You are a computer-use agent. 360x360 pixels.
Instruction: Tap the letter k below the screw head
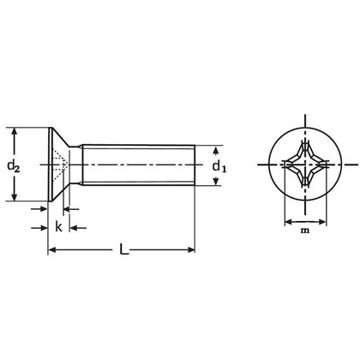[58, 226]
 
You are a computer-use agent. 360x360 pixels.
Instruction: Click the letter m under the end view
[304, 231]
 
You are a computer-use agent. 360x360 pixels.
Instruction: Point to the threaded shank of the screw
[137, 164]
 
